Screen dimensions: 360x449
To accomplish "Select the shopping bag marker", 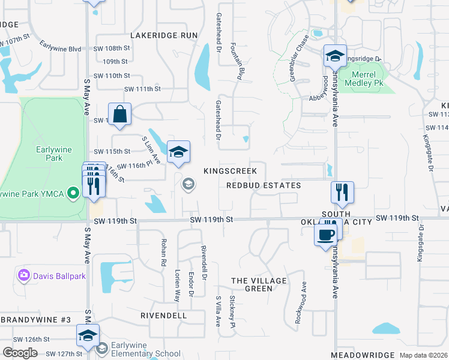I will [x=119, y=114].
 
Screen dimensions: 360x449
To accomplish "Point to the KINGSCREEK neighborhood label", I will [x=230, y=171].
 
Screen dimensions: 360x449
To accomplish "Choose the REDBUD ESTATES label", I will [x=264, y=185].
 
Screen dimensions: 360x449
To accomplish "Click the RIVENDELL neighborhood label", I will [x=163, y=315].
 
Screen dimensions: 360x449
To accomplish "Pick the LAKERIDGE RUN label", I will [x=164, y=35].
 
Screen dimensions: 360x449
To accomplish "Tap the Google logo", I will [x=20, y=353].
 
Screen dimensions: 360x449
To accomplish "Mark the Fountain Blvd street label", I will [x=242, y=65].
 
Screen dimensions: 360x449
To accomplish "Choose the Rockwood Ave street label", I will [x=301, y=311].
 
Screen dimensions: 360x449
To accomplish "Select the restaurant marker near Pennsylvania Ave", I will [x=342, y=192].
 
